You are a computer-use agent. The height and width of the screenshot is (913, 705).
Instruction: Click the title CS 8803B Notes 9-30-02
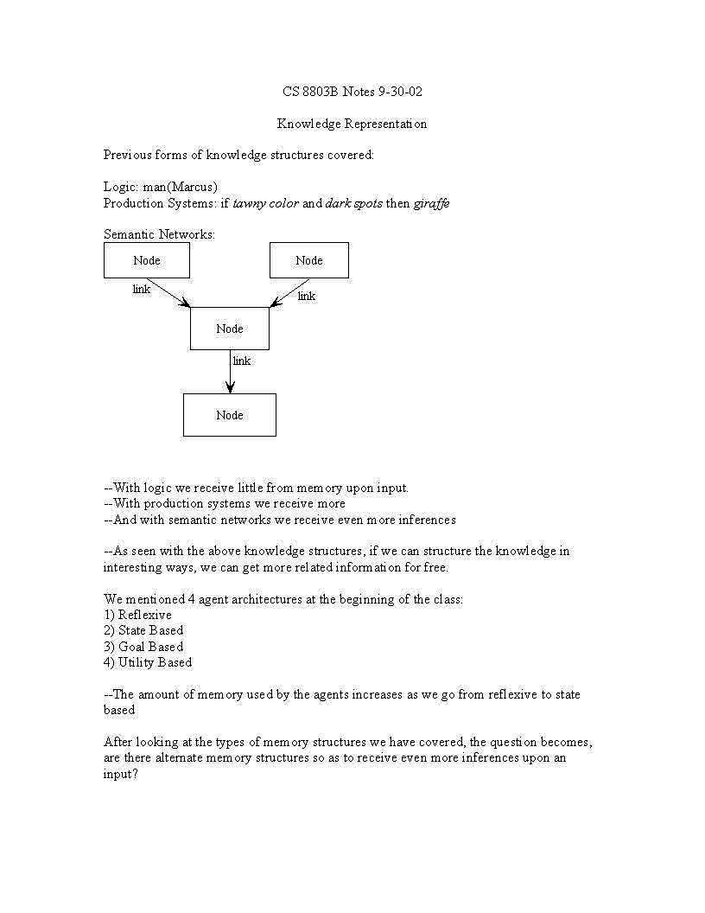(x=352, y=92)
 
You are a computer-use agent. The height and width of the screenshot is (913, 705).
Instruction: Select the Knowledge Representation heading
(x=352, y=124)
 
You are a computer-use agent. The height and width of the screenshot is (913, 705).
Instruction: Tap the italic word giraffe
(x=431, y=204)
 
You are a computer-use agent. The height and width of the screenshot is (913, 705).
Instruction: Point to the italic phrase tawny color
(x=266, y=204)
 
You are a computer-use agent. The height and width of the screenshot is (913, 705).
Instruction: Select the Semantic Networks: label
(x=159, y=234)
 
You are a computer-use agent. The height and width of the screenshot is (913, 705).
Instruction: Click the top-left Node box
(x=147, y=260)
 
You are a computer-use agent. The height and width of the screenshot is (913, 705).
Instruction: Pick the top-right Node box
(x=309, y=260)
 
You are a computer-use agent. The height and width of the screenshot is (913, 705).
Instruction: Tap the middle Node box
(x=230, y=329)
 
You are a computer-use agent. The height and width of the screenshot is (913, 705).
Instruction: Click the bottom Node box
(x=230, y=415)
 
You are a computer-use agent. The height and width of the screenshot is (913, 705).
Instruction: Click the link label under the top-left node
(x=142, y=290)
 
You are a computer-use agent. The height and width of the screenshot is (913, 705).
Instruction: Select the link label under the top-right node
(x=307, y=297)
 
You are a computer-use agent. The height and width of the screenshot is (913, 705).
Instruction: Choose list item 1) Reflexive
(x=137, y=615)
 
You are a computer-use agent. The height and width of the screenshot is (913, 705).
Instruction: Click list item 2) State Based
(x=143, y=631)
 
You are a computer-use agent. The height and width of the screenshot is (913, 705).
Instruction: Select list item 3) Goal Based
(x=143, y=647)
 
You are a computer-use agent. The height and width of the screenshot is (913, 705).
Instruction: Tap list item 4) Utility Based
(x=148, y=663)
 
